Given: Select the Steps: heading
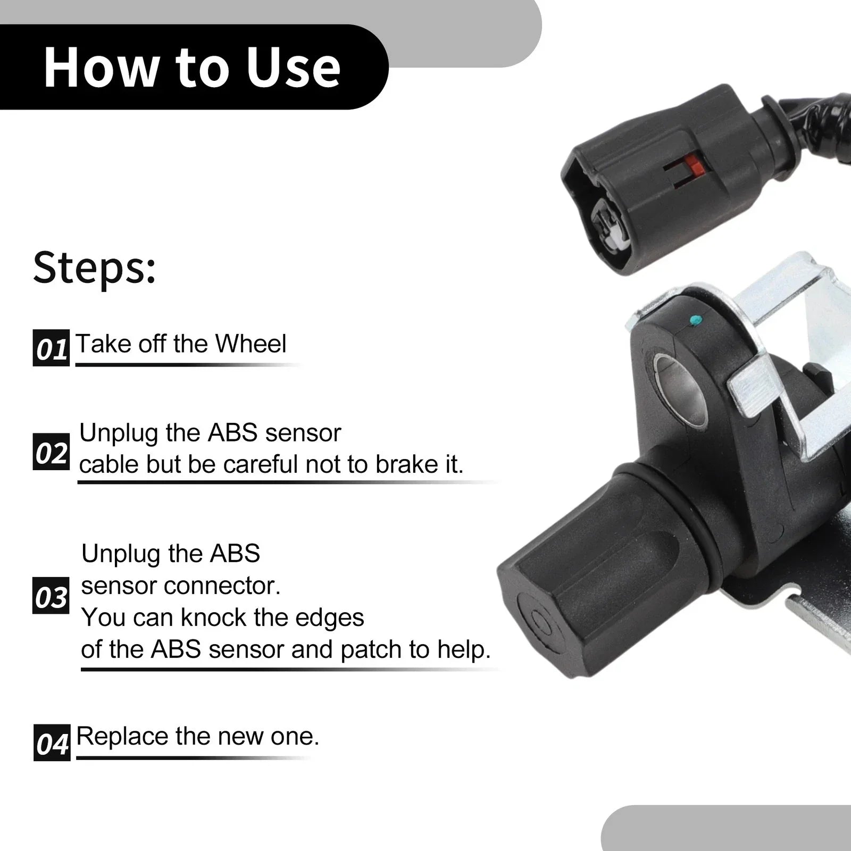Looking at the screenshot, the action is (x=95, y=267).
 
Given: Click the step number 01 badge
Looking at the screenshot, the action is (x=51, y=348).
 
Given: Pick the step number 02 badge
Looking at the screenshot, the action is (x=51, y=452).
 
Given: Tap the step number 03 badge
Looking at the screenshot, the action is (x=51, y=596).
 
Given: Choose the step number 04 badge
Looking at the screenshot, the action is (x=52, y=742).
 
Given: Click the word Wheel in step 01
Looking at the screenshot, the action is (x=251, y=344).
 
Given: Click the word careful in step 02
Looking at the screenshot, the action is (x=258, y=464).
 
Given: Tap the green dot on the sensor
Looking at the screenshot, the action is (x=694, y=320).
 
